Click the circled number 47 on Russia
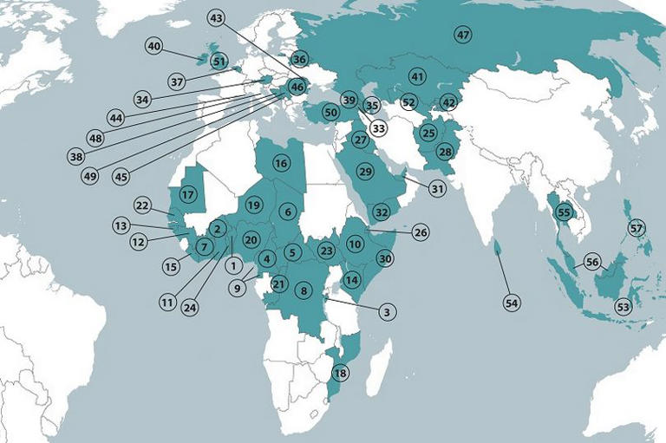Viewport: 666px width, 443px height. pos(462,35)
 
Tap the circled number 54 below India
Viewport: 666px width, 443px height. pos(512,303)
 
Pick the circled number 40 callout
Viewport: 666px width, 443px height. pos(155,47)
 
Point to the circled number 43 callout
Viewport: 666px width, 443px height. pos(217,17)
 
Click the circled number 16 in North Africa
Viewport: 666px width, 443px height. pos(280,162)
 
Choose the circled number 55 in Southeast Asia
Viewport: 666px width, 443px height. pos(565,212)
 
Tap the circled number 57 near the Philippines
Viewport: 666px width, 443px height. pos(637,228)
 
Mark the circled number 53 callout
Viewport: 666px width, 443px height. pos(623,307)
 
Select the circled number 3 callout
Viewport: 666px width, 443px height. pos(388,311)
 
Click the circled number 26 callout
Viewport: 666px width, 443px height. pos(421,232)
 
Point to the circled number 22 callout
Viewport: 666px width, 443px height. pos(143,205)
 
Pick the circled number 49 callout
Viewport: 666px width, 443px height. pos(89,176)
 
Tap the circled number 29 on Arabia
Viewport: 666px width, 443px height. pos(365,172)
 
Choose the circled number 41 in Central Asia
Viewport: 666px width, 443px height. pos(417,77)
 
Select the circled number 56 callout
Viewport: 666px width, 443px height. pos(593,263)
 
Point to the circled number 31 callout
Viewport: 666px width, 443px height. pos(437,189)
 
